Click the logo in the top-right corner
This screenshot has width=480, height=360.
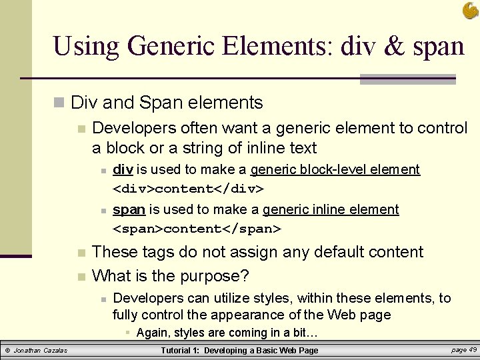[470, 10]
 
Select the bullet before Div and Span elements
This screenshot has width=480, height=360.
[59, 103]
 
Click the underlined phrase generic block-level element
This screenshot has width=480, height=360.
[335, 169]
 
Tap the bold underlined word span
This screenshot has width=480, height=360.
[129, 209]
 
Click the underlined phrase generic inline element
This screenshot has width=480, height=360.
[331, 209]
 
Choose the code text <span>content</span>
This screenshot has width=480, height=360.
[197, 229]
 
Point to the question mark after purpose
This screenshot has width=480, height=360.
[245, 275]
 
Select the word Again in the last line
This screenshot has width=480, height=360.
[154, 333]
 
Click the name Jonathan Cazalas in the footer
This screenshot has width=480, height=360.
[41, 351]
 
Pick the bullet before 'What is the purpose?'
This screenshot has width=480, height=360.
[81, 276]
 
